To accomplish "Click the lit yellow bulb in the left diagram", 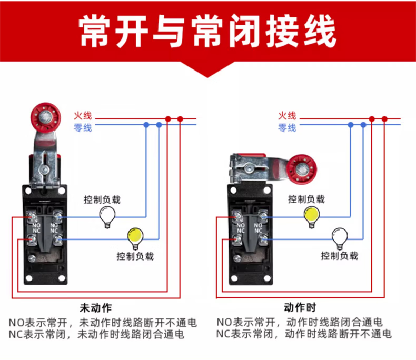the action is [135, 237].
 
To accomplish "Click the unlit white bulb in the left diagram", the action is [107, 216].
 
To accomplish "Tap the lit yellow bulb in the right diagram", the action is [312, 216].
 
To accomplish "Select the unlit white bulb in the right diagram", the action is [340, 237].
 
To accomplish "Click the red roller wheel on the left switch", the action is [46, 118].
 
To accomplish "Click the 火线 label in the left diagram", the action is [83, 116].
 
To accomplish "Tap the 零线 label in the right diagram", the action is [287, 128].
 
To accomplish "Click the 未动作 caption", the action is [96, 308].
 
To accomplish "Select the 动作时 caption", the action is [300, 307].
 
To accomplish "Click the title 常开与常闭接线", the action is [207, 31].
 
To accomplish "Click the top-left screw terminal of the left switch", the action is [32, 217].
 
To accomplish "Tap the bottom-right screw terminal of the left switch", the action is [57, 240].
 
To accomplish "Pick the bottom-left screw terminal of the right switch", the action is [237, 239].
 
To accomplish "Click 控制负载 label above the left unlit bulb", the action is [102, 199].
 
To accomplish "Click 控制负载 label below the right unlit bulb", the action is [340, 256].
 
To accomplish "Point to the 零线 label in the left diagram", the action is [83, 128].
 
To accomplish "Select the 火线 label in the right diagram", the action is [287, 116].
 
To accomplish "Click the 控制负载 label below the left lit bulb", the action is [135, 256].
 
